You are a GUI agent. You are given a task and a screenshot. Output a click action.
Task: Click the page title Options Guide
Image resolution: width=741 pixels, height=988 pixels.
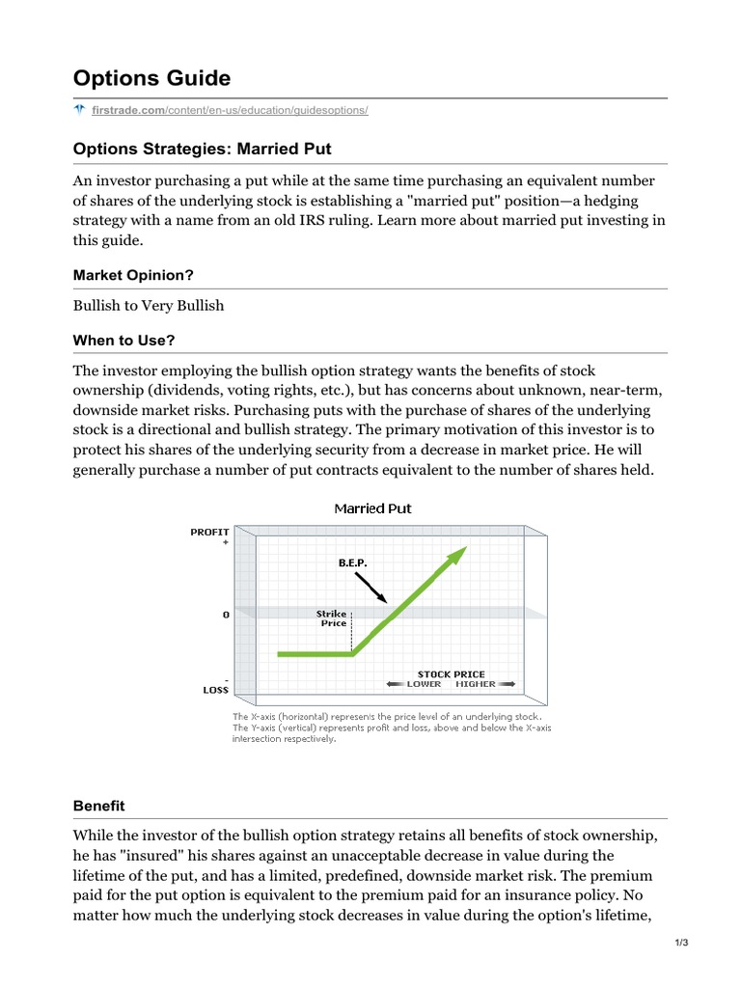[x=151, y=78]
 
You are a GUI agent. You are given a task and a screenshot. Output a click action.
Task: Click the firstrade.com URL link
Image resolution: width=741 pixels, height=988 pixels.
[x=230, y=110]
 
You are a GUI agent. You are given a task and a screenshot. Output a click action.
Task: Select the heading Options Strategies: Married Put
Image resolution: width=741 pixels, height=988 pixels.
[x=203, y=149]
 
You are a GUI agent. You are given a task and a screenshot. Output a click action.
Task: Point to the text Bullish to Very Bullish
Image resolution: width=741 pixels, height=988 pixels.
[x=149, y=305]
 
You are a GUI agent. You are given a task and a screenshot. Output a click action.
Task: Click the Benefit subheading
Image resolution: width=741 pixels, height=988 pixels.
[x=99, y=805]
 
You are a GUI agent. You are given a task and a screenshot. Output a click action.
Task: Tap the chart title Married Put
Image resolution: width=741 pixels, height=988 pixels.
[x=372, y=508]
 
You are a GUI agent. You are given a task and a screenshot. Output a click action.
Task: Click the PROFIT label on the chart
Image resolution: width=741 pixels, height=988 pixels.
[x=209, y=532]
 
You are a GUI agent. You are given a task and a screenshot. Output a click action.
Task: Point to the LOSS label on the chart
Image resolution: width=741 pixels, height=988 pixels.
[x=214, y=689]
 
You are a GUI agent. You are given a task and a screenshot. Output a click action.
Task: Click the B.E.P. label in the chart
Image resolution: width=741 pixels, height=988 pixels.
[x=353, y=562]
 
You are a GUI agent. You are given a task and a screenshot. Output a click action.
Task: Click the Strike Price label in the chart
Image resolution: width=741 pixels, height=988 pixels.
[x=333, y=618]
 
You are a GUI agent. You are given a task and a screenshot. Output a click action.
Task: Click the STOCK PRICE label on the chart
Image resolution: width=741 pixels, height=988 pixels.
[x=451, y=673]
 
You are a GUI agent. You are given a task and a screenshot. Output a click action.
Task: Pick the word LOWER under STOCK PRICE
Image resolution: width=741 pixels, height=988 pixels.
[x=423, y=684]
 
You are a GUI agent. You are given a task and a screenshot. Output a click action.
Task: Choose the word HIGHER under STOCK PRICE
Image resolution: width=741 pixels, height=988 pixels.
[x=475, y=684]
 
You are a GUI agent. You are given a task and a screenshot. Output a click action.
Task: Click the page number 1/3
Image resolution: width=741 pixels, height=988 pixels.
[x=681, y=943]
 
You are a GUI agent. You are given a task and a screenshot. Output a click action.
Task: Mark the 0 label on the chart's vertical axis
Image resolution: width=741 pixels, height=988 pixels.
[x=226, y=614]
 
